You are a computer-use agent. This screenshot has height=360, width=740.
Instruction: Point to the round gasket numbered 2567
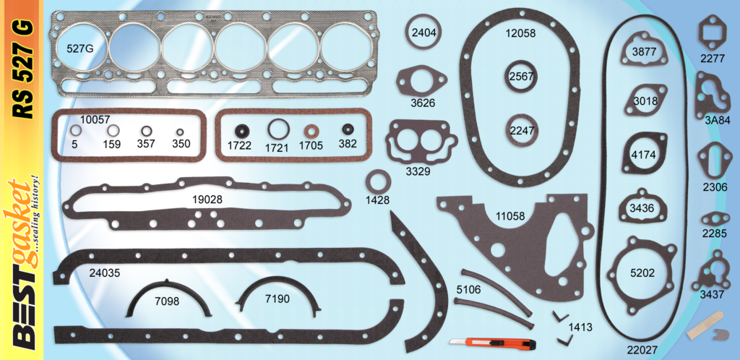pos(520,77)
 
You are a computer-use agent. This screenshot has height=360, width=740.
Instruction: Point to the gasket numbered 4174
pos(643,154)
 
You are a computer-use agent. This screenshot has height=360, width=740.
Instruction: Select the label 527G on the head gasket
pos(79,49)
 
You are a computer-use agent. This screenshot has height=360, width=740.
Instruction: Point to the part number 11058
pos(510,215)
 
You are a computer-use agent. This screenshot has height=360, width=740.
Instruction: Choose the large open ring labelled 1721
pos(278,130)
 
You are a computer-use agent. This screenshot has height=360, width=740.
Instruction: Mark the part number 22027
pos(642,351)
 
